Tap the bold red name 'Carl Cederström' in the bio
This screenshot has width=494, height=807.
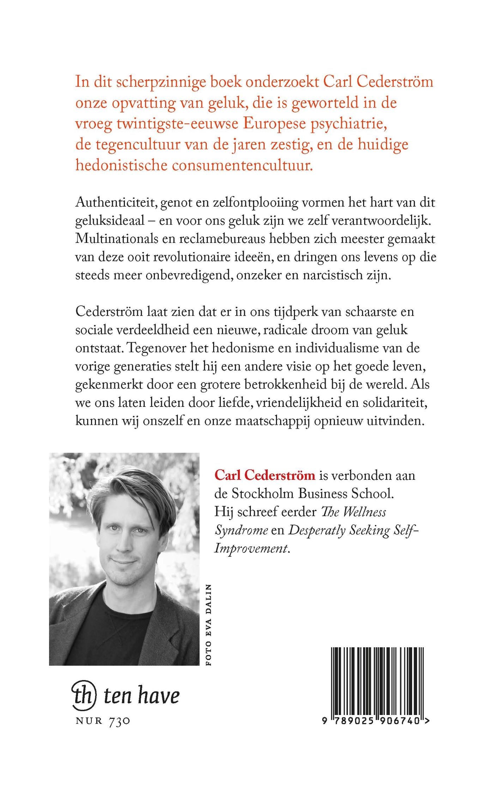coord(265,476)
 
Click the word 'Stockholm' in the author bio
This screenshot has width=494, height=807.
coord(263,494)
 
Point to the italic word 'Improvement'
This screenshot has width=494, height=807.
coord(251,549)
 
